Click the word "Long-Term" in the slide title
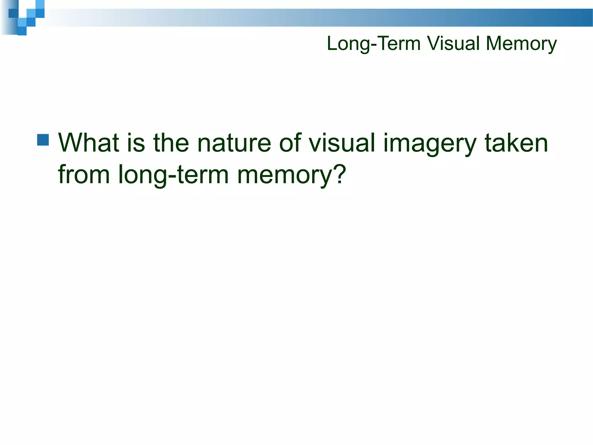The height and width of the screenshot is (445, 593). click(x=374, y=44)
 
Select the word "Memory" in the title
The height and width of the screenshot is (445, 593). click(x=521, y=44)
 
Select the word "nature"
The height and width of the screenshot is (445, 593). click(x=234, y=143)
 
